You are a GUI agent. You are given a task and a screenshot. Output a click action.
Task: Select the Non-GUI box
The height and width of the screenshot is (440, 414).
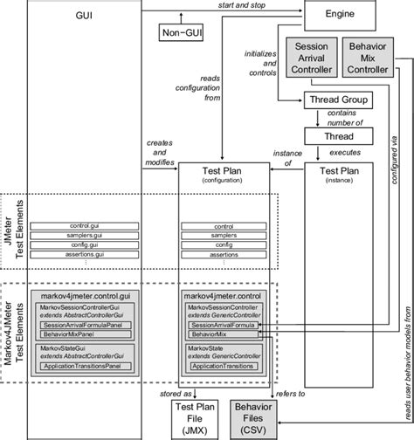tap(179, 32)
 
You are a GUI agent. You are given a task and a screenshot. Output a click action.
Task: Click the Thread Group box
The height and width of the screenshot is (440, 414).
tap(337, 100)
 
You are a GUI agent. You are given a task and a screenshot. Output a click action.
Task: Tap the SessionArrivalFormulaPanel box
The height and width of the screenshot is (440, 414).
tap(85, 325)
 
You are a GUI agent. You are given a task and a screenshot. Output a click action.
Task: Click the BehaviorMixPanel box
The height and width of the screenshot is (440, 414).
tap(85, 334)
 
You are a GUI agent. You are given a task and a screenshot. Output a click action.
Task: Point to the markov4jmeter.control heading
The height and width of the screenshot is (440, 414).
tap(225, 296)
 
